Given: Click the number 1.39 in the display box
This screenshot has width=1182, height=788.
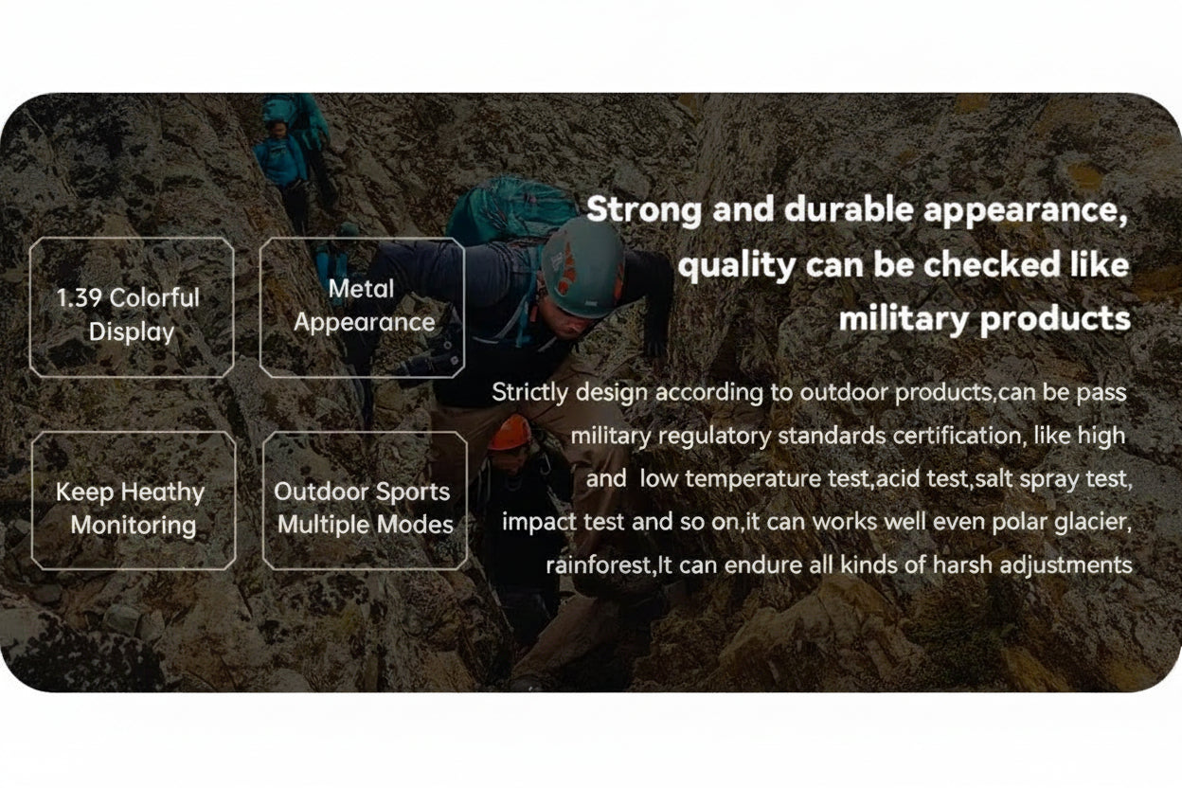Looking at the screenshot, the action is (79, 298).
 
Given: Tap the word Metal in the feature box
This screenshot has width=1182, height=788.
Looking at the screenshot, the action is (362, 289).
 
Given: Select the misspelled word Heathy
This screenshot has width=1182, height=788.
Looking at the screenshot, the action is (163, 492).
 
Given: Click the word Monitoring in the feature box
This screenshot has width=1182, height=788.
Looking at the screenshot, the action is (134, 526).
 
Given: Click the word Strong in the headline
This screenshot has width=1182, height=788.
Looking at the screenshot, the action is (644, 210).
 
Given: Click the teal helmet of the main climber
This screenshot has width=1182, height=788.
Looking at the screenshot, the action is (582, 268).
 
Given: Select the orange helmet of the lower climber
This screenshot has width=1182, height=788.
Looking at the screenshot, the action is (510, 433).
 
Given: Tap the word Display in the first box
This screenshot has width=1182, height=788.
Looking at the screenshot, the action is (132, 332).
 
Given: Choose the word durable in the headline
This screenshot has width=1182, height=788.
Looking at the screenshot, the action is (849, 209).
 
